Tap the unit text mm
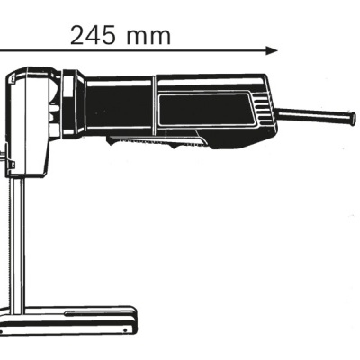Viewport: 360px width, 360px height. [x=145, y=35]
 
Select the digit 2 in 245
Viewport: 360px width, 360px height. [x=76, y=35]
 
